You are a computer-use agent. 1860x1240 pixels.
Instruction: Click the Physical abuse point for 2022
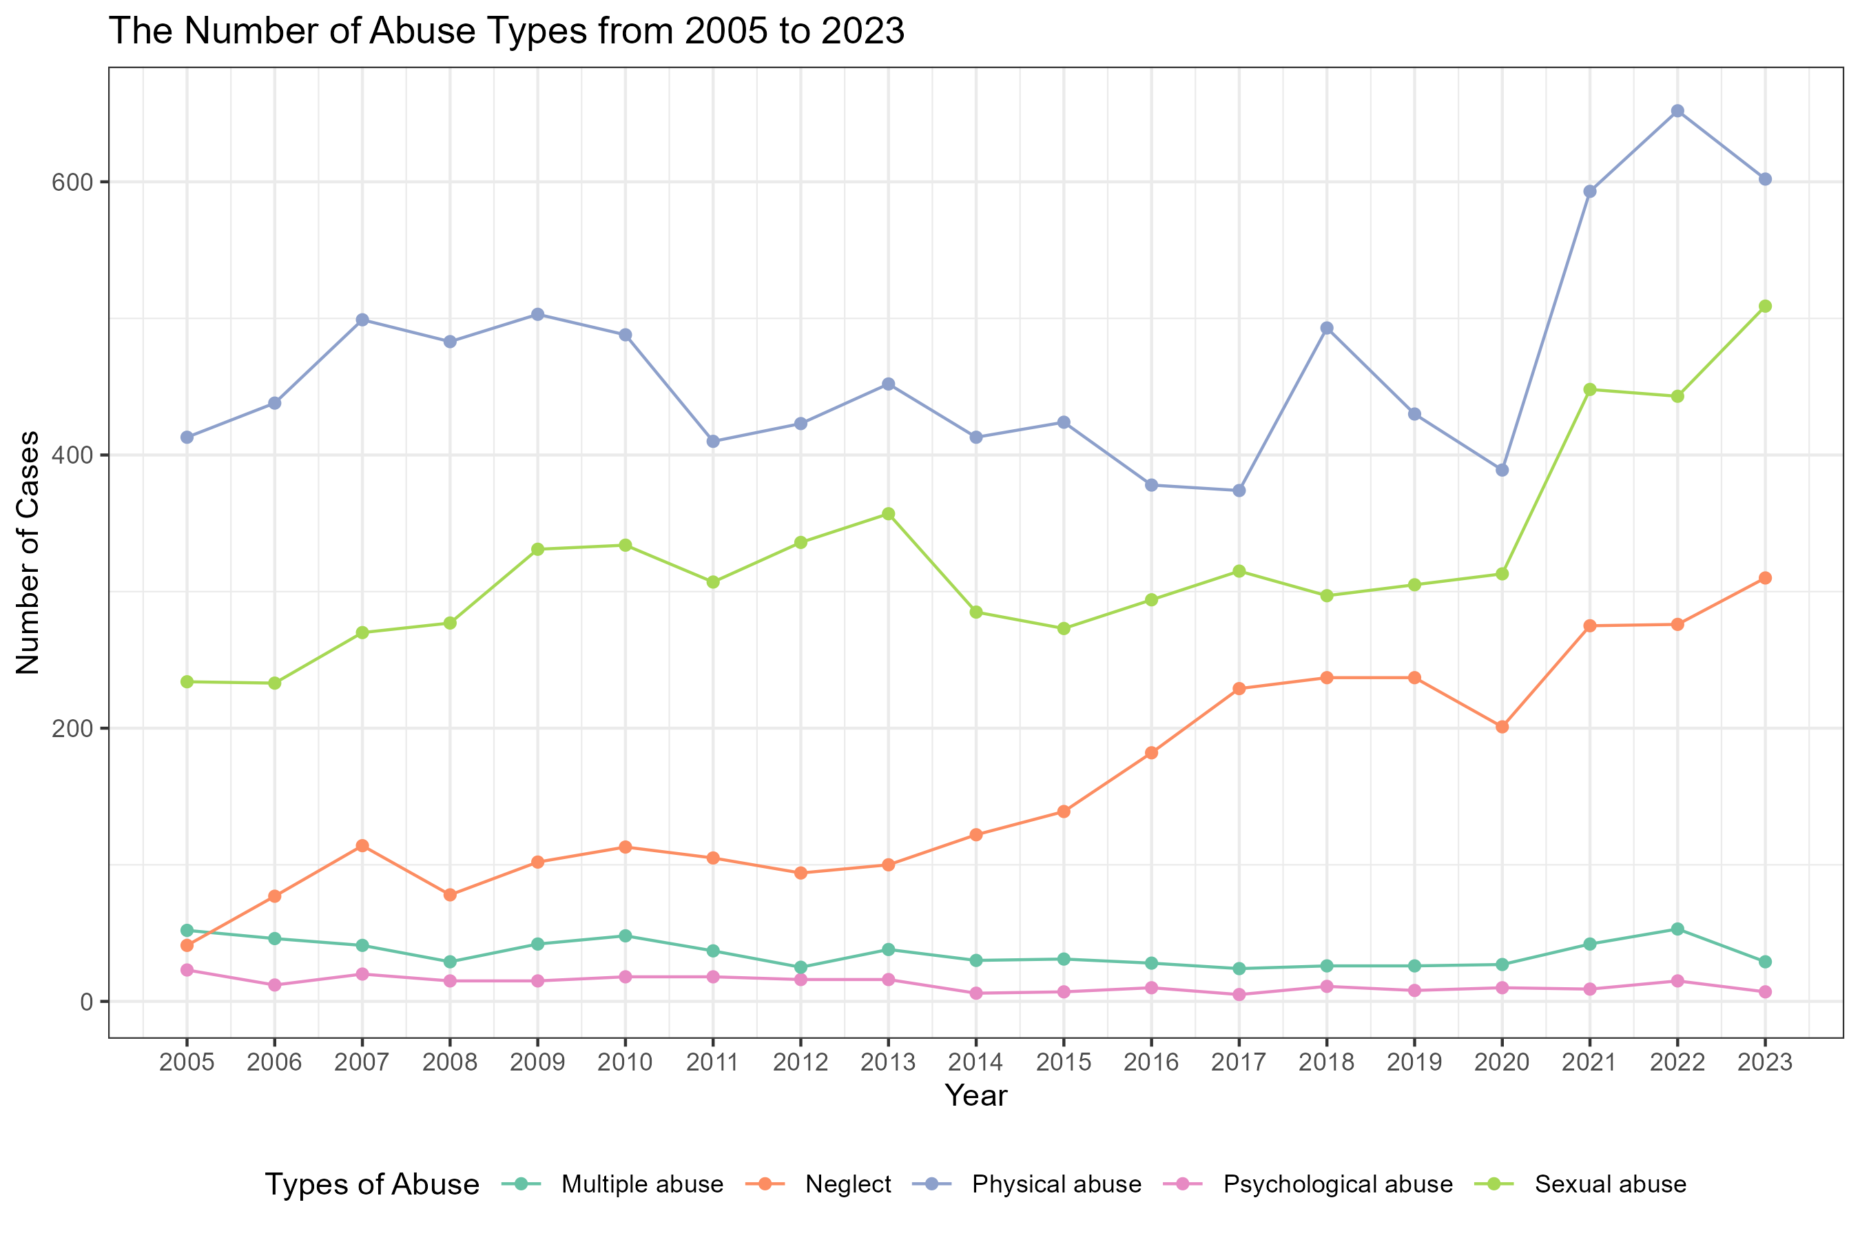point(1677,112)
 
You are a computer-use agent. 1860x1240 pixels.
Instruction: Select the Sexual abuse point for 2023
point(1765,306)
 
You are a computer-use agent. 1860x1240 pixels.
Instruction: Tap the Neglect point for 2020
point(1502,727)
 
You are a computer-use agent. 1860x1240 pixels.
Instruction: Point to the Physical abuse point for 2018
point(1327,328)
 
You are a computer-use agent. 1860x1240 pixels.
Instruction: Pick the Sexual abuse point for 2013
point(888,514)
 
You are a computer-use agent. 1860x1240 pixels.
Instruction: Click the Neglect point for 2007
point(362,846)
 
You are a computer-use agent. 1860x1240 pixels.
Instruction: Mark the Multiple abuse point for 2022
point(1677,929)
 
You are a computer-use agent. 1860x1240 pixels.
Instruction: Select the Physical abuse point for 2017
point(1239,490)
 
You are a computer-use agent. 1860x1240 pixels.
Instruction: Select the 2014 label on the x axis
point(976,1062)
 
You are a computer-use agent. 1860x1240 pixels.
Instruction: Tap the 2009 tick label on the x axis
point(538,1062)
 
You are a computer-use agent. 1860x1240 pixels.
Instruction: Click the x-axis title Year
point(976,1096)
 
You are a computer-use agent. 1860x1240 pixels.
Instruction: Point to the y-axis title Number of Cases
point(28,552)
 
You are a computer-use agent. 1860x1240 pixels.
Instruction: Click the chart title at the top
point(507,31)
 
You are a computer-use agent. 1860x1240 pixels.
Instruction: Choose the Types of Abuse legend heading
point(372,1185)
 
